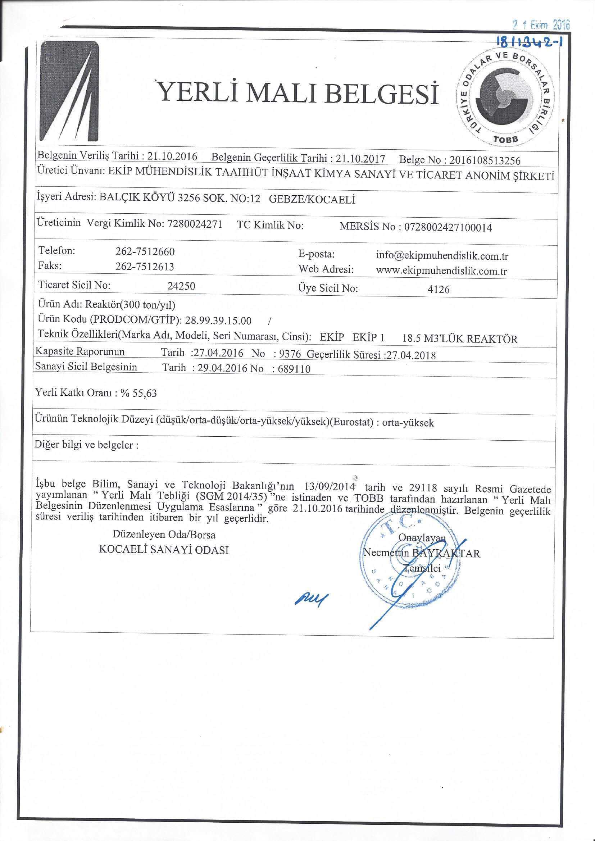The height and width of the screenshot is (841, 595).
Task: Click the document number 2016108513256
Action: coord(485,160)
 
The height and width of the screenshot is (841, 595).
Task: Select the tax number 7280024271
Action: coord(195,224)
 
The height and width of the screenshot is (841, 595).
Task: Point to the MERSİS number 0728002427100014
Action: coord(448,227)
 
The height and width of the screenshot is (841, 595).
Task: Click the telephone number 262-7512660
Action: coord(145,252)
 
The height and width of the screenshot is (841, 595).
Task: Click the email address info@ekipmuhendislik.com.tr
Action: coord(442,256)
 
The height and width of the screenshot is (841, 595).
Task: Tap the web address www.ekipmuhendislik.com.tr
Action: coord(441,271)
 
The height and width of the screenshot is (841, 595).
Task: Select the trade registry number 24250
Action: coord(181,286)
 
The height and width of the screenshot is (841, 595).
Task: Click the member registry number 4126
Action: coord(439,290)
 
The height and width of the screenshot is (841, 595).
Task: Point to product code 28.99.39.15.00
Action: coord(218,321)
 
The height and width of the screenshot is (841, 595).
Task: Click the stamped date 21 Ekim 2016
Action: coord(541,25)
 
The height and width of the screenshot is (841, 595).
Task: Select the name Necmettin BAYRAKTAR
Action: coord(421,553)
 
